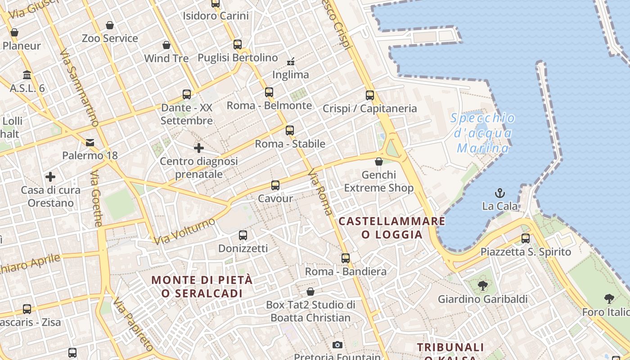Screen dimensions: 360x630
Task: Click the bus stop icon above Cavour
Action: (275, 185)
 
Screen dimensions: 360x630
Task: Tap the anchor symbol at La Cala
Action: (499, 193)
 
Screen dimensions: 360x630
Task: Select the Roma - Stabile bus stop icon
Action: (289, 130)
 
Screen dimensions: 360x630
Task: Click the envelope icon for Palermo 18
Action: (90, 143)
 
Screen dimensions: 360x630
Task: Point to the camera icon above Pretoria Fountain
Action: (337, 345)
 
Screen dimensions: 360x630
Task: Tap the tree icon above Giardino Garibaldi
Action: (482, 285)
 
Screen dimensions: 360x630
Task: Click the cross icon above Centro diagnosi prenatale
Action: (198, 148)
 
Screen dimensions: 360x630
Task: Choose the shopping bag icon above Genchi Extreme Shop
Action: (379, 162)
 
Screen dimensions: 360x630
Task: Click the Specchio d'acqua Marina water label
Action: (483, 133)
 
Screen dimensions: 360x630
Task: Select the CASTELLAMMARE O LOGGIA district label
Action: (392, 228)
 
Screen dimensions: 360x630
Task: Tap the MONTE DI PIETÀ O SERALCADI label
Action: (202, 287)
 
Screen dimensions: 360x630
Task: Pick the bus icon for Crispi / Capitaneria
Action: (370, 95)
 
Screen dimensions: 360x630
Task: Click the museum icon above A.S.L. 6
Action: (27, 74)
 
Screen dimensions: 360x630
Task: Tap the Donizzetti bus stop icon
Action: (243, 235)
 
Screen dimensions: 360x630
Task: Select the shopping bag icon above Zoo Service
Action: (110, 25)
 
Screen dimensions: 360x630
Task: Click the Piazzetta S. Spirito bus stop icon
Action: (526, 238)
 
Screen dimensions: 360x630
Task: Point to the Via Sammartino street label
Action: (79, 88)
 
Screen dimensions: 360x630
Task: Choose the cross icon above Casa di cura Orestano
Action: (50, 177)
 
